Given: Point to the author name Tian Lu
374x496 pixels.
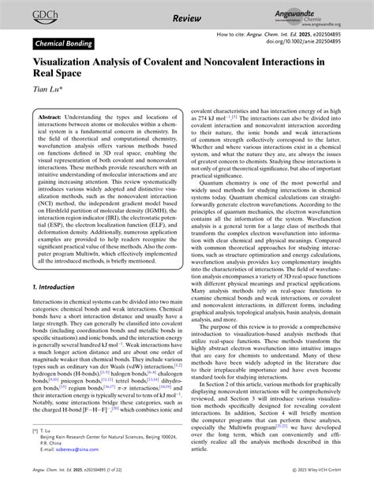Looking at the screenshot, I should coord(48,89).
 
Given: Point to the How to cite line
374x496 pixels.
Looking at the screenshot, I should coord(283,35).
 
